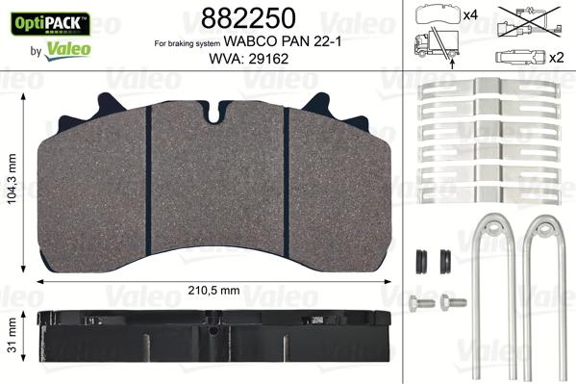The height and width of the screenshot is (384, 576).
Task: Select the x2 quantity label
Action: point(556,56)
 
